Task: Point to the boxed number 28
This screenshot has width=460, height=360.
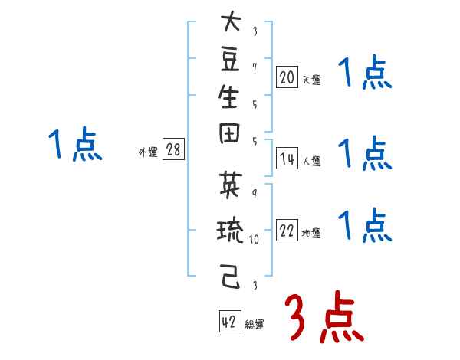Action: tap(173, 150)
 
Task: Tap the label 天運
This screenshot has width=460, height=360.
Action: tap(311, 80)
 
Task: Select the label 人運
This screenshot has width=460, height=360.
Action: tap(311, 161)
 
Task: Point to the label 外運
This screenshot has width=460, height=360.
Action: tap(148, 152)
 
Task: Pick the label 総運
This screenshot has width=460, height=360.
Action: tap(255, 325)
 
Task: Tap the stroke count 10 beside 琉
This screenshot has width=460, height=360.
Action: tap(255, 237)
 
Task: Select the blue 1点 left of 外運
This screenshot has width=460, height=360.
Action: tap(74, 145)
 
